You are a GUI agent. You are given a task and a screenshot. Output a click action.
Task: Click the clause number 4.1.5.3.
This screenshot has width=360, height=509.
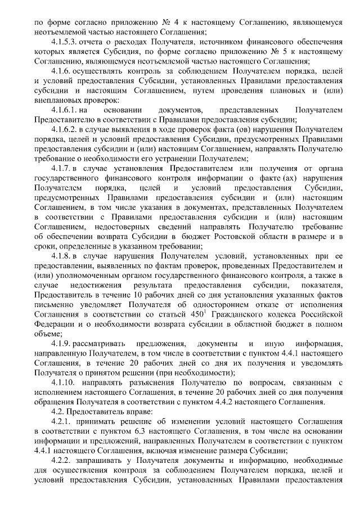[64, 42]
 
